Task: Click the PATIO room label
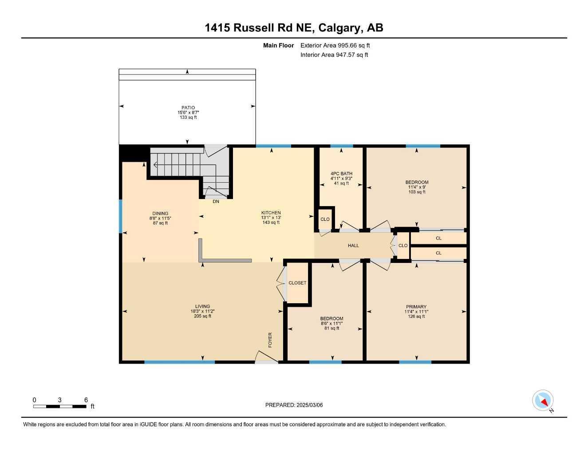click(x=188, y=108)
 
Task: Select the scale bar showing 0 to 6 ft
click(x=60, y=407)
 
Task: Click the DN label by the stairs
click(x=216, y=201)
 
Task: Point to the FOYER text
click(x=270, y=340)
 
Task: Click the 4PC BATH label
click(x=341, y=173)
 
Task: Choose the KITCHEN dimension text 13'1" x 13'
click(x=271, y=218)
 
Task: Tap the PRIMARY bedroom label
click(x=416, y=306)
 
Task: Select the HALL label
click(x=353, y=245)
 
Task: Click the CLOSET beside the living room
click(x=297, y=283)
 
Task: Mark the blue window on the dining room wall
click(x=121, y=216)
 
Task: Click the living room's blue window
click(x=179, y=362)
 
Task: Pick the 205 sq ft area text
click(x=202, y=316)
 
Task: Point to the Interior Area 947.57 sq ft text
click(x=334, y=55)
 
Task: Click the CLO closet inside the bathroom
click(x=325, y=219)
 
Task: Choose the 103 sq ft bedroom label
click(x=417, y=192)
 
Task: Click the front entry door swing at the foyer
click(x=267, y=356)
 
